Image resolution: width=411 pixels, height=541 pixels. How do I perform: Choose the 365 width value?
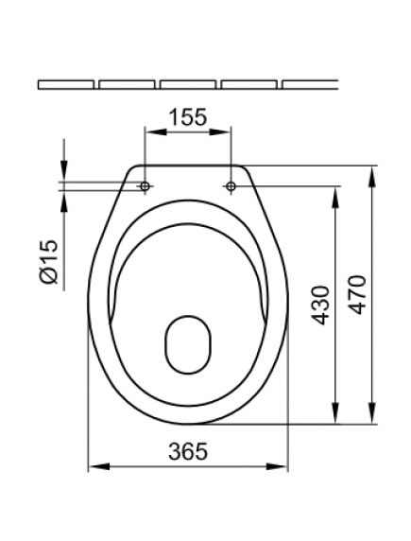coord(187,452)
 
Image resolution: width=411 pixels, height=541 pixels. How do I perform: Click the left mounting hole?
coord(145,187)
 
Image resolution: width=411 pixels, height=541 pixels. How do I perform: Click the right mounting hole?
coord(231,187)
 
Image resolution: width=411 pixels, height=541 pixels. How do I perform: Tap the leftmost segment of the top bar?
coord(66,84)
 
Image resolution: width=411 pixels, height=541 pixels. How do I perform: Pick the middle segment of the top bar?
coord(187,84)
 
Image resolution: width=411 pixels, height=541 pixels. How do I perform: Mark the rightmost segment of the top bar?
coord(309,84)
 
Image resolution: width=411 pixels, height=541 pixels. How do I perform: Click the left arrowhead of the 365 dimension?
coord(93,466)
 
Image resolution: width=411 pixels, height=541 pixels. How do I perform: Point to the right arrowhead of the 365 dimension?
coord(283,466)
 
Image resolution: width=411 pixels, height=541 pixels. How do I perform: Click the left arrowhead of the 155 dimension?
coord(148,130)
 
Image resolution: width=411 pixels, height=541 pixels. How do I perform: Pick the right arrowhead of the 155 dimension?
coord(227,130)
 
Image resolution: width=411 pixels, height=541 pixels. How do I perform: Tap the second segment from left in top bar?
coord(127,84)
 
